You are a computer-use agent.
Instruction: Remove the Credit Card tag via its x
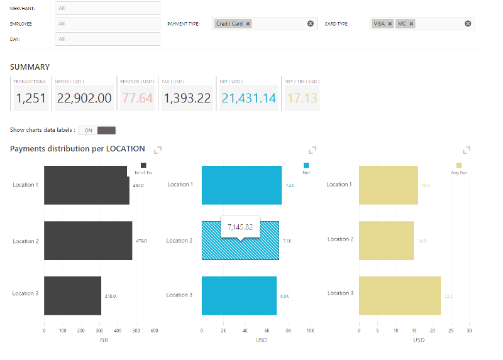[x=248, y=24]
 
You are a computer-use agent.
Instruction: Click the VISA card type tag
[x=379, y=24]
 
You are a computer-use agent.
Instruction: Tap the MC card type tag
[x=402, y=24]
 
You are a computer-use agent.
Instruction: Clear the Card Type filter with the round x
[x=468, y=24]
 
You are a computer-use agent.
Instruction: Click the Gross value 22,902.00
[x=84, y=98]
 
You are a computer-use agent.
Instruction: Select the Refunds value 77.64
[x=138, y=98]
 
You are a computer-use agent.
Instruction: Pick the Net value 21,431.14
[x=248, y=98]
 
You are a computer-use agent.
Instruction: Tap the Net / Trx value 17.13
[x=302, y=98]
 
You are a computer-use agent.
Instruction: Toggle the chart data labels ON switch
[x=97, y=130]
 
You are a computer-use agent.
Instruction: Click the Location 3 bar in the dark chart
[x=72, y=295]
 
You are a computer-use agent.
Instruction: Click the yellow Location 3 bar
[x=399, y=295]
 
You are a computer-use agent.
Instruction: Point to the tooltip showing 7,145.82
[x=240, y=227]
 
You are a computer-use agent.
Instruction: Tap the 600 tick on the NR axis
[x=154, y=330]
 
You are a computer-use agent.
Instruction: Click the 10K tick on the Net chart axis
[x=310, y=330]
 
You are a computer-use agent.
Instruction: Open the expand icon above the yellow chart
[x=467, y=150]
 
